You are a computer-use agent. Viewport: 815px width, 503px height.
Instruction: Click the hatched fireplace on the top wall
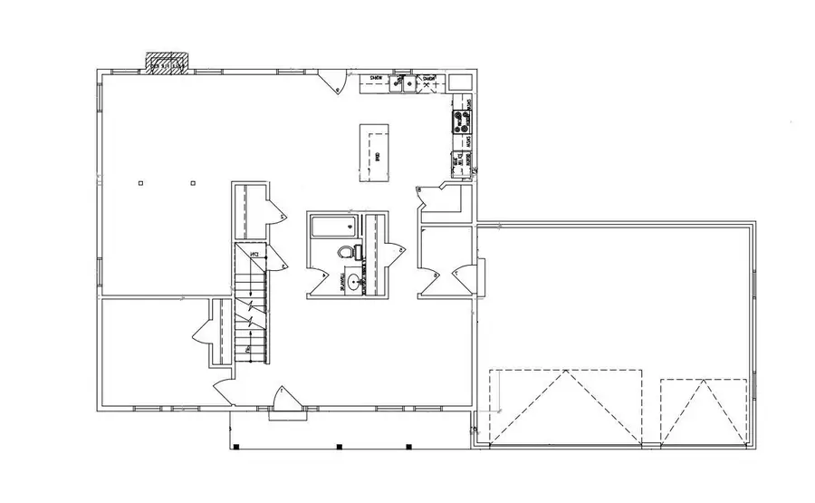(169, 63)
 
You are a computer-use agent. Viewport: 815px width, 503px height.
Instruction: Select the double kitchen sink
(404, 84)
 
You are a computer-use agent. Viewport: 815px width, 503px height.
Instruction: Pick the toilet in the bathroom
(346, 252)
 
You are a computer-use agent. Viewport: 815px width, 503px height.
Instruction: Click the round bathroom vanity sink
(352, 282)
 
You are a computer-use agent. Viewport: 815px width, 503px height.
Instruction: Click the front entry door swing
(283, 399)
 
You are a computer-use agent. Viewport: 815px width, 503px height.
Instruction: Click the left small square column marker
(140, 184)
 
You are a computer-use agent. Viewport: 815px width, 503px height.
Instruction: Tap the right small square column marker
(193, 184)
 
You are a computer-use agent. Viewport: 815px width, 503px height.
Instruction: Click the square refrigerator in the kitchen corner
(461, 82)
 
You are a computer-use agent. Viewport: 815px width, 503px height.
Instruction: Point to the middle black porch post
(338, 446)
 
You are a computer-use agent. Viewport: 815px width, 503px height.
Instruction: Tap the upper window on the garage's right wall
(753, 281)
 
